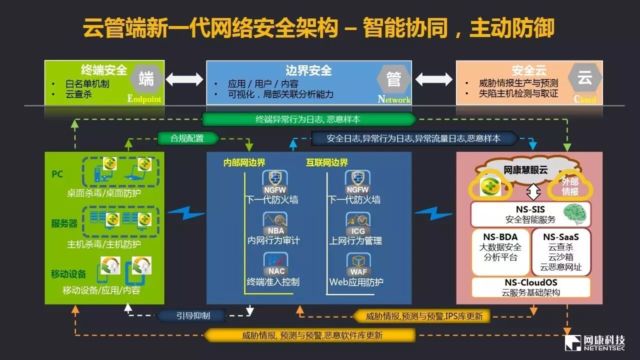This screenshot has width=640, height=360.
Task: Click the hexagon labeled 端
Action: pyautogui.click(x=146, y=79)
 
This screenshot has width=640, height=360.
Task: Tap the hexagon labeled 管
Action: pyautogui.click(x=393, y=79)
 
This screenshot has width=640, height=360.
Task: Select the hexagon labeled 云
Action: pyautogui.click(x=584, y=78)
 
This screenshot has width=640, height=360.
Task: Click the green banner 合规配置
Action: pyautogui.click(x=187, y=138)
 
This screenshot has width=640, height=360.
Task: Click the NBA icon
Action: pyautogui.click(x=275, y=223)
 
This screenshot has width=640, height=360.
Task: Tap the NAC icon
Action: pyautogui.click(x=275, y=264)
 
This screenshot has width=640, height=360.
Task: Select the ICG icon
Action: pyautogui.click(x=357, y=223)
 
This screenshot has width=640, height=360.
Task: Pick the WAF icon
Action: pyautogui.click(x=357, y=264)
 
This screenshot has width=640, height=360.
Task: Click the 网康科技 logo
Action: pyautogui.click(x=594, y=342)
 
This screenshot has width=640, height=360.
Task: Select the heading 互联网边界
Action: pyautogui.click(x=327, y=162)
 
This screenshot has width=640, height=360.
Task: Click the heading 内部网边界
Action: pyautogui.click(x=244, y=162)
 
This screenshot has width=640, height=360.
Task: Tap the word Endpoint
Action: pyautogui.click(x=144, y=98)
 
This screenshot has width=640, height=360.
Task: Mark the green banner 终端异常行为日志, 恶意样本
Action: pyautogui.click(x=308, y=119)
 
